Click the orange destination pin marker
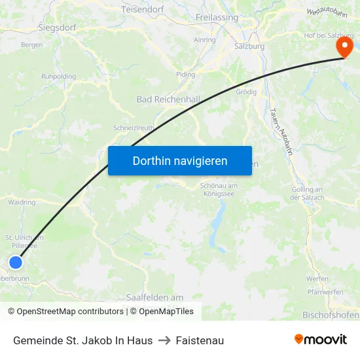coord(344,47)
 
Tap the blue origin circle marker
coord(15,262)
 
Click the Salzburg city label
coord(249,46)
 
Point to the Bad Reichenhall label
coord(168,99)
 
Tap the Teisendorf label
coord(142,10)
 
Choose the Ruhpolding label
coord(58,77)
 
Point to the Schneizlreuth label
coord(135,128)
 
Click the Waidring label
coord(22,202)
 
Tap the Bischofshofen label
coord(331,315)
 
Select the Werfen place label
coord(317,279)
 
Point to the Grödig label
coord(246,92)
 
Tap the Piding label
coord(185,75)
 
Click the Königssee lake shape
coord(217,223)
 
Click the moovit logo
coord(320,340)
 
